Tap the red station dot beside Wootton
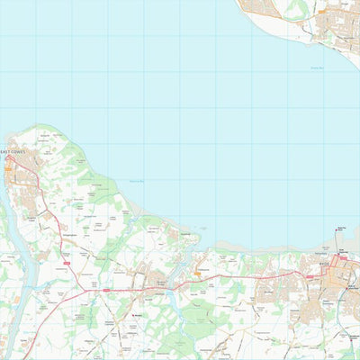pyautogui.click(x=134, y=315)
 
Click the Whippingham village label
pyautogui.click(x=68, y=230)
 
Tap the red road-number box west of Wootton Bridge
pyautogui.click(x=106, y=291)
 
